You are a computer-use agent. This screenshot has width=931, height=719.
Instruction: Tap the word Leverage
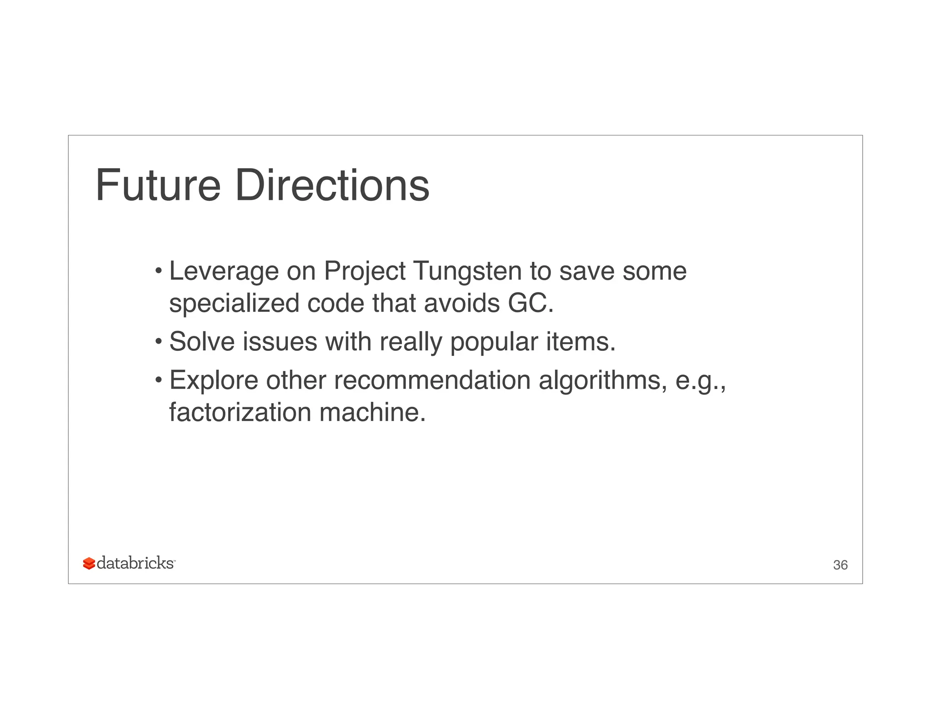tap(223, 271)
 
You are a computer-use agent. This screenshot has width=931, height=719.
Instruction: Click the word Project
tap(364, 271)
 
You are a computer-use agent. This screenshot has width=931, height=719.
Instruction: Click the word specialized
tap(234, 303)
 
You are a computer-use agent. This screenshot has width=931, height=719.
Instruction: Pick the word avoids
tap(461, 303)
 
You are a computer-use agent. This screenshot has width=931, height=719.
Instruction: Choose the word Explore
tap(214, 380)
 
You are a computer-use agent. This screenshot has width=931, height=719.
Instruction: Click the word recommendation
tap(432, 380)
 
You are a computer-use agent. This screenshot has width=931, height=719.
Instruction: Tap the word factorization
tap(240, 412)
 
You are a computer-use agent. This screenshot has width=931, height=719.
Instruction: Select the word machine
tap(372, 412)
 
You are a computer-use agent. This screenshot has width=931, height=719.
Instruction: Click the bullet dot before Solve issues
tap(158, 341)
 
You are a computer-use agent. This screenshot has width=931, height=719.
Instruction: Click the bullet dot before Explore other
tap(158, 379)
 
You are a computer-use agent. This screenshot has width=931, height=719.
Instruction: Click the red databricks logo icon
tap(89, 564)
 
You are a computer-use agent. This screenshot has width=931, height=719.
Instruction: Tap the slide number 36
tap(840, 565)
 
